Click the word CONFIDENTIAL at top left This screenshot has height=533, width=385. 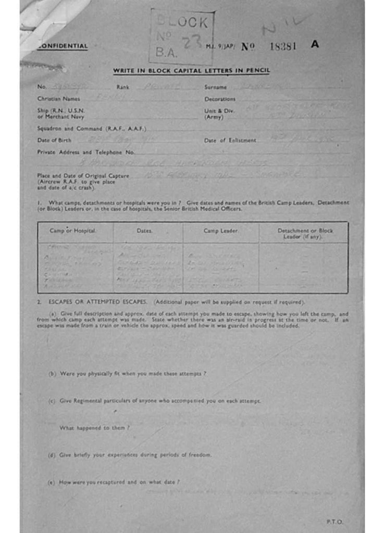[x=63, y=46]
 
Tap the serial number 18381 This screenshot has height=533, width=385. [x=283, y=46]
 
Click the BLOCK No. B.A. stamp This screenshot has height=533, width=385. [x=182, y=36]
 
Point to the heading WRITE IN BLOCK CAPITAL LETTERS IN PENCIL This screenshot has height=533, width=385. [x=192, y=71]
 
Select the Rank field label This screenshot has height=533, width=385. [x=123, y=87]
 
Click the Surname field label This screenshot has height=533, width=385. [x=215, y=87]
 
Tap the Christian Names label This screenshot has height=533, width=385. [x=58, y=98]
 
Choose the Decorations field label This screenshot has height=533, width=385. [x=219, y=98]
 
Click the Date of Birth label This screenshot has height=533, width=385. [x=54, y=140]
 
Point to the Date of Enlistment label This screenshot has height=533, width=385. [x=230, y=140]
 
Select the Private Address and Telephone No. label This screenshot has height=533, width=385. [x=86, y=152]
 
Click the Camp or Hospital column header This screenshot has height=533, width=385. [x=72, y=230]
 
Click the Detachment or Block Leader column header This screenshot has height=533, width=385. [x=305, y=233]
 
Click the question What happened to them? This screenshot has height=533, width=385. [x=94, y=427]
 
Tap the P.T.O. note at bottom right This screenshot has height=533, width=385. [x=335, y=521]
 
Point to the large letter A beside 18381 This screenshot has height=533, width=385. [x=315, y=44]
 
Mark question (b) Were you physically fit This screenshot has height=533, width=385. [x=127, y=374]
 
